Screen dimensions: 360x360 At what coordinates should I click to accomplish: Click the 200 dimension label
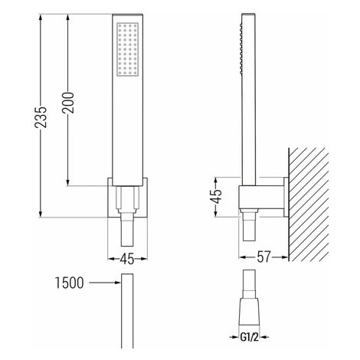point(68,103)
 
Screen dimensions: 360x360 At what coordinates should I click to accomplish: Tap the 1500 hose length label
point(70,283)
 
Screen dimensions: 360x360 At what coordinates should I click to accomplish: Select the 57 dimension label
point(263,257)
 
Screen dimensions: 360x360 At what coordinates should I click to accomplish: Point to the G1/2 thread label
point(249,338)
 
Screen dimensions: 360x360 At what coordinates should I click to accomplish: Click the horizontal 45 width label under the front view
point(127,259)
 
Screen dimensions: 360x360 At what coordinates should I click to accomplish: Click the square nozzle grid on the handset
point(128,49)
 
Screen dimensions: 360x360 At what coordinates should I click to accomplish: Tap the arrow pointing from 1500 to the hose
point(105,283)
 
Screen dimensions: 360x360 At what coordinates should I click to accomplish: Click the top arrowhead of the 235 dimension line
point(41,18)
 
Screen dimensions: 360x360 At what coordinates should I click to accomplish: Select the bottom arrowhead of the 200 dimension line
point(67,182)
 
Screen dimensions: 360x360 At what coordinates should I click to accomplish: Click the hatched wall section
point(309,205)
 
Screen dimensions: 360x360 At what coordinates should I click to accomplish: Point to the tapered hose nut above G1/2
point(249,312)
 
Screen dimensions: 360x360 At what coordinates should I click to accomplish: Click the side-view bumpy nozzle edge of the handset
point(241,48)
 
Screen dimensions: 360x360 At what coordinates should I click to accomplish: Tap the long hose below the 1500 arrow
point(127,311)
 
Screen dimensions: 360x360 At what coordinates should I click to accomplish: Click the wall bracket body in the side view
point(261,197)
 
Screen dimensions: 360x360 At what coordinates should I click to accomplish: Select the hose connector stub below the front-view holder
point(127,228)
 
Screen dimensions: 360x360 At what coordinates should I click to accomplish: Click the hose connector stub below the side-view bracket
point(249,226)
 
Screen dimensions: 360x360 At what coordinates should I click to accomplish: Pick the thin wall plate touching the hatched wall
point(286,197)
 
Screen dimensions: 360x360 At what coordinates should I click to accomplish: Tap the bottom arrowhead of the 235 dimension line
point(41,214)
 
